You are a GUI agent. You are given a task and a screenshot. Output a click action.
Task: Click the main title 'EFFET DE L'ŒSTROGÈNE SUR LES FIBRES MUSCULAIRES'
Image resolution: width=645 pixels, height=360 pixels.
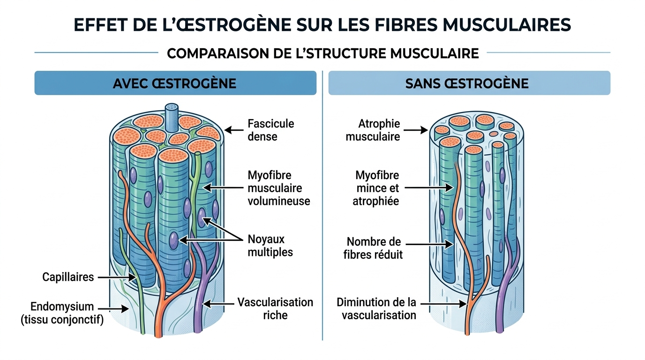322,25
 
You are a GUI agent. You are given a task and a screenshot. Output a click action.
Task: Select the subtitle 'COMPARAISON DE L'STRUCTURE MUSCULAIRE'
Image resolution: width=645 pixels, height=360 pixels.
322,53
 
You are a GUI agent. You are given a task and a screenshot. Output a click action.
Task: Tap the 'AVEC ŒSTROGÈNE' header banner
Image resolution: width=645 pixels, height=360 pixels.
175,83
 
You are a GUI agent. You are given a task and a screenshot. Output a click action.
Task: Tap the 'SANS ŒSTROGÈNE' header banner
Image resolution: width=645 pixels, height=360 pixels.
469,83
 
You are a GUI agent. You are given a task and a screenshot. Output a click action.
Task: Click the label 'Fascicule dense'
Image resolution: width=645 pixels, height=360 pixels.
271,130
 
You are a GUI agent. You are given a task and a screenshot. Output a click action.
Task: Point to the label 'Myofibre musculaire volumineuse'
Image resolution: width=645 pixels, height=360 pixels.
279,188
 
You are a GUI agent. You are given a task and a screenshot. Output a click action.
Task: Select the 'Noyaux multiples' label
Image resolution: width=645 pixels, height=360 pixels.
270,246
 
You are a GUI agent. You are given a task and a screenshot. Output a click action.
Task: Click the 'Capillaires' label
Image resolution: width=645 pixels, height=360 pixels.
68,277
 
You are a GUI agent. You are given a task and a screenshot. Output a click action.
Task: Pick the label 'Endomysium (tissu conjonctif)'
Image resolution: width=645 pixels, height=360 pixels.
62,313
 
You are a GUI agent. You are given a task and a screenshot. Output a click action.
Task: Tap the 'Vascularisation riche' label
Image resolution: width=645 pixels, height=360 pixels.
275,308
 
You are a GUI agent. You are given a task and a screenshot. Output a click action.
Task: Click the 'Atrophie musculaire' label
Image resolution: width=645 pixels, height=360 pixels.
373,130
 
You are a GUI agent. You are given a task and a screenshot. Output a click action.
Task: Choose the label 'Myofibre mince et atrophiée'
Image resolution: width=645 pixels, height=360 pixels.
377,188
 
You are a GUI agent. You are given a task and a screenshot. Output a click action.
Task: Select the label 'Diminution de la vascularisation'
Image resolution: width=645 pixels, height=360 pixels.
376,308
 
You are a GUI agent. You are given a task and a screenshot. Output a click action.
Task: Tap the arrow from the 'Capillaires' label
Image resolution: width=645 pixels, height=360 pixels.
116,277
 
